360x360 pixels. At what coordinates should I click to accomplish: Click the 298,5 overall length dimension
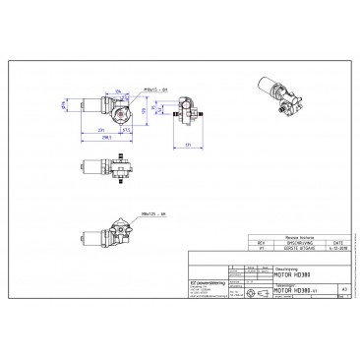point(101,139)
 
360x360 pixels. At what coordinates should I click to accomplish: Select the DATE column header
point(336,243)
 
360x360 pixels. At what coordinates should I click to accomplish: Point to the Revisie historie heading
point(298,237)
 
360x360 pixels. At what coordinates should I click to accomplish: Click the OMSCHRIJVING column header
point(296,243)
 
